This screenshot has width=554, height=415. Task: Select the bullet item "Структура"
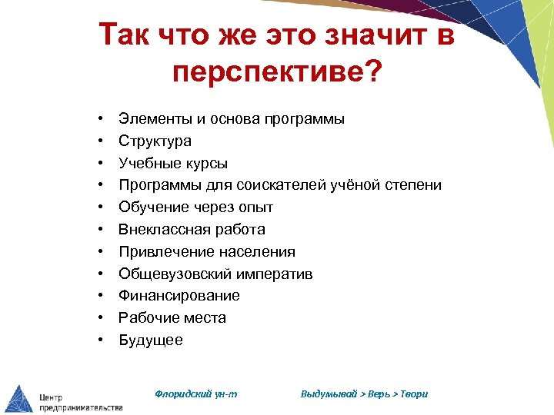tap(155, 141)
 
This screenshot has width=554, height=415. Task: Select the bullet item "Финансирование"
tap(179, 296)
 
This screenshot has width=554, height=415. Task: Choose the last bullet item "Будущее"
tap(151, 340)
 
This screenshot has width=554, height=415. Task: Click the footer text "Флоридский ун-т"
tap(196, 394)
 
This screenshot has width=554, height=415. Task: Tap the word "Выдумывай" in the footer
tap(329, 394)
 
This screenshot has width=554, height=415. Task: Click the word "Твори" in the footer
tap(413, 394)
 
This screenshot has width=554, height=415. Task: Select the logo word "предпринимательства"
tap(81, 407)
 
